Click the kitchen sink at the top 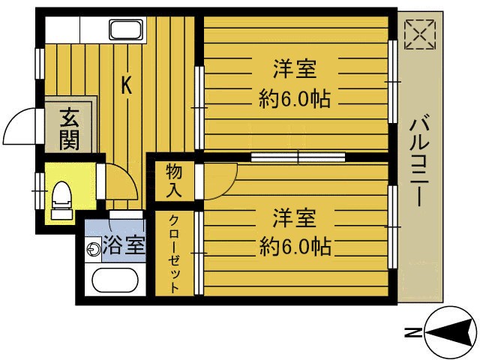(x=130, y=31)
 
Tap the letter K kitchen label (x=127, y=85)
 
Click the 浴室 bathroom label (x=124, y=245)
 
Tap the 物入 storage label (x=174, y=181)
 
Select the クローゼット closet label (x=174, y=255)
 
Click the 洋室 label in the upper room (x=294, y=70)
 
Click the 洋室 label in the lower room (x=294, y=219)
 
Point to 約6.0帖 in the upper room (x=294, y=98)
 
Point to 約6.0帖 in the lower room (x=295, y=246)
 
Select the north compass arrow (x=450, y=331)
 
